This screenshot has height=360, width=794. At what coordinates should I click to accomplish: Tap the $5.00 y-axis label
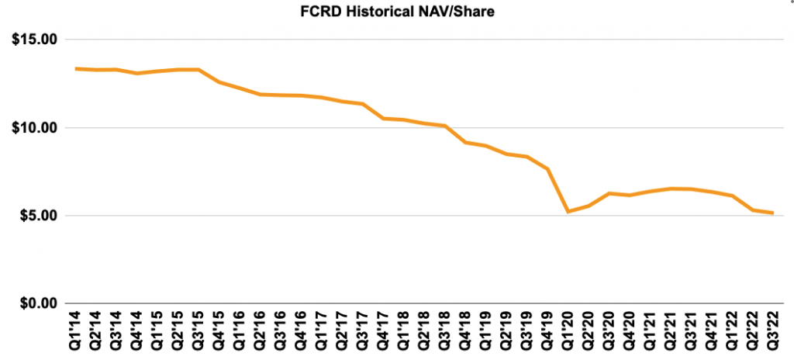(x=36, y=216)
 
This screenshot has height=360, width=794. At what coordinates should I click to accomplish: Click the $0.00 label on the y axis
(x=36, y=303)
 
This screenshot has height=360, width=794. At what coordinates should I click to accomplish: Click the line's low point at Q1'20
(x=568, y=211)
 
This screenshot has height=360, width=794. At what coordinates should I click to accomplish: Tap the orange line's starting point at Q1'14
(x=75, y=69)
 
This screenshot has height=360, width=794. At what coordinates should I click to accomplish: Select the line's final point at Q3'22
(x=773, y=213)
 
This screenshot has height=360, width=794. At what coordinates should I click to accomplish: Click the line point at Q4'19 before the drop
(x=547, y=169)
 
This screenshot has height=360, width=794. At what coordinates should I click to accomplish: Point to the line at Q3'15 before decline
(x=198, y=70)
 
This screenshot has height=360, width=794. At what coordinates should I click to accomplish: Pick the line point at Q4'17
(x=383, y=118)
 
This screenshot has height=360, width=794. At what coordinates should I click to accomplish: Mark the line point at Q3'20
(x=609, y=193)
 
